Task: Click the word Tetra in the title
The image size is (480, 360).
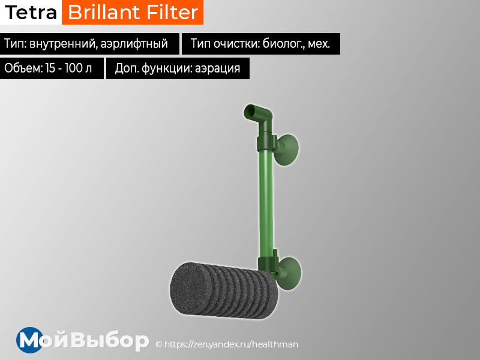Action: [x=31, y=12]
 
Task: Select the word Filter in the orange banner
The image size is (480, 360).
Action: [x=171, y=12]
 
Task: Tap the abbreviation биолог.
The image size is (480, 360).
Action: [x=285, y=44]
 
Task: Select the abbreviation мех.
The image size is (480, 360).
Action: [x=320, y=44]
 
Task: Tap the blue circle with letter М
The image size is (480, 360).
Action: [x=29, y=340]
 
